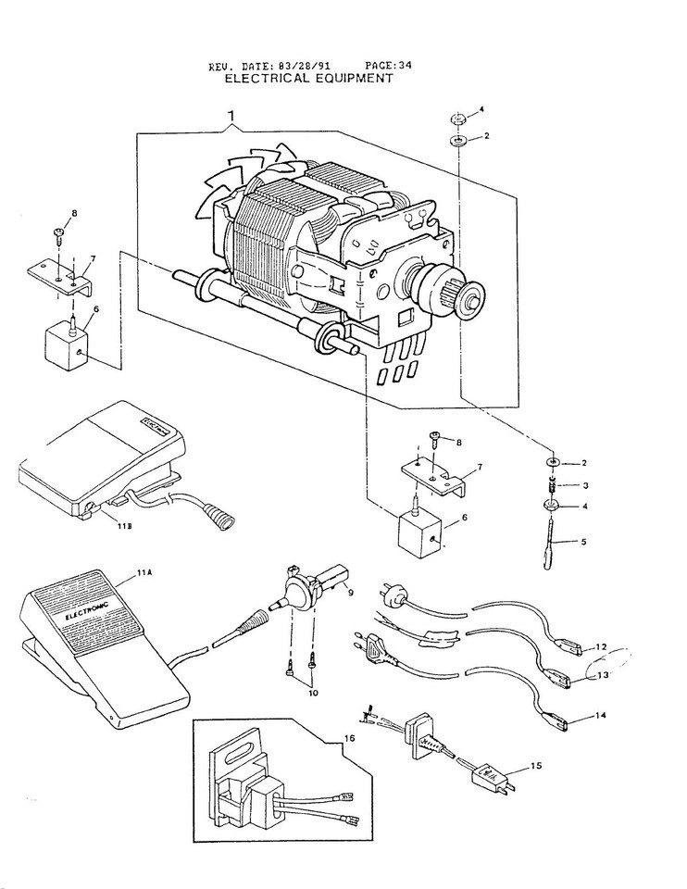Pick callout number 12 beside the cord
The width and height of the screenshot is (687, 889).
tap(602, 646)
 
